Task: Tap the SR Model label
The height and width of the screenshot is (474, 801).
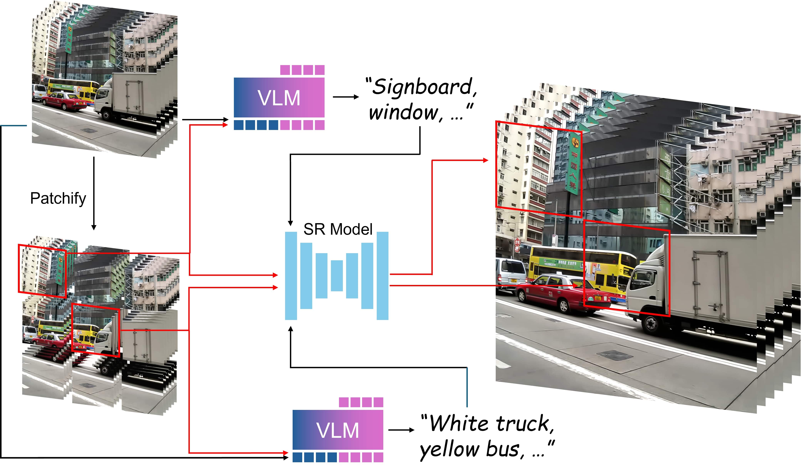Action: [338, 229]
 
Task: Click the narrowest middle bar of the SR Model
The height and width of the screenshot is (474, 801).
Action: [337, 276]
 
